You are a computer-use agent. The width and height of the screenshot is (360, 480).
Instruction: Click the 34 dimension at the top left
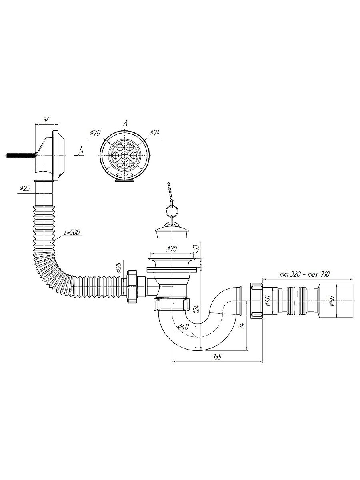(46, 120)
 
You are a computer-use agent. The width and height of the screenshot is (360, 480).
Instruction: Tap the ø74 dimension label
(154, 133)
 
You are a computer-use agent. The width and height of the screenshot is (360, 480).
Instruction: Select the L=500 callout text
(72, 232)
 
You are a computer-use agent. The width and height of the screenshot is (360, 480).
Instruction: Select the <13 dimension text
(196, 249)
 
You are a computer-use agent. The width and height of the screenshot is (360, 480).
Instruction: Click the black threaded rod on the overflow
(20, 155)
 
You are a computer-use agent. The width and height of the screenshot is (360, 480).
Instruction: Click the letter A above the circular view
(125, 124)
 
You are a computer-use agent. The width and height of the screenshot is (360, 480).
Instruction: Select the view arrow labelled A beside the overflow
(79, 152)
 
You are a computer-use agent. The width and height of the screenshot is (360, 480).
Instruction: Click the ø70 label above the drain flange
(171, 249)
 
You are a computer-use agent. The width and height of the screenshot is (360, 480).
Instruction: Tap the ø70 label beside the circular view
(95, 133)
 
